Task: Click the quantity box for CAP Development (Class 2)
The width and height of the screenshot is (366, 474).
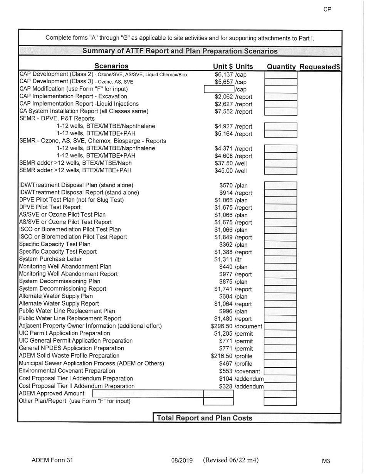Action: [280, 74]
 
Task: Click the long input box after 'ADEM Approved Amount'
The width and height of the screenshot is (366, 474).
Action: [147, 393]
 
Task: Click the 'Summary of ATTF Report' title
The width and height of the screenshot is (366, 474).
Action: [180, 51]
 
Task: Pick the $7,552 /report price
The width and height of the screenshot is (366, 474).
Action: [233, 112]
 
